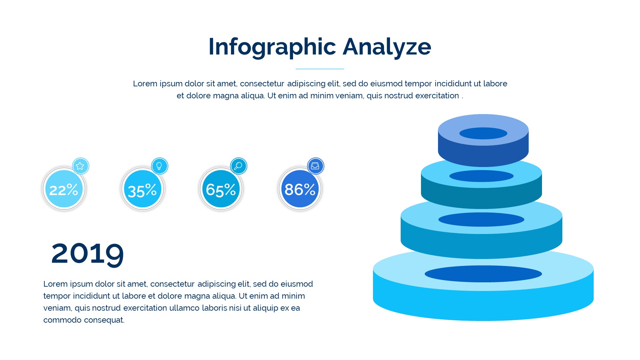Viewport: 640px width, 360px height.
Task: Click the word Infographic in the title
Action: tap(272, 47)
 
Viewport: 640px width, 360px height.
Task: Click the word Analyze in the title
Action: tap(387, 47)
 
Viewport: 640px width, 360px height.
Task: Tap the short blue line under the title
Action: tap(320, 69)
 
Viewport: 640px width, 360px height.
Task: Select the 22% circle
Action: tap(64, 189)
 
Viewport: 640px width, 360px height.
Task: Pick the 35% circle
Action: tap(143, 189)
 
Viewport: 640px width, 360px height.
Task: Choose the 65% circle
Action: tap(221, 189)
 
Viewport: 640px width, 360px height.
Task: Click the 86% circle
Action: tap(300, 189)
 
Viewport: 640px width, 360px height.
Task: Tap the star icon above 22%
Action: tap(80, 166)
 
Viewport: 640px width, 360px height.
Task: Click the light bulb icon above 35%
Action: tap(159, 166)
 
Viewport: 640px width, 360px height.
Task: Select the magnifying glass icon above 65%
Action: tap(238, 166)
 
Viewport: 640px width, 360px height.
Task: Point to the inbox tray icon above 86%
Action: tap(315, 166)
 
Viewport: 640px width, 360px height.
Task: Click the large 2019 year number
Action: tap(88, 254)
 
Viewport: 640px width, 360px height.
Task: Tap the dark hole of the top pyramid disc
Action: tap(483, 133)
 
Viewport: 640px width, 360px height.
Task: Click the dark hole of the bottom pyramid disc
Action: tap(483, 274)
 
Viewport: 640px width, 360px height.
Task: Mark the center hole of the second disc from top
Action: tap(481, 176)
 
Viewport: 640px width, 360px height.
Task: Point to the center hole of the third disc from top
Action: tap(481, 220)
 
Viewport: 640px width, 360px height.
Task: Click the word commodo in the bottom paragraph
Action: tap(62, 320)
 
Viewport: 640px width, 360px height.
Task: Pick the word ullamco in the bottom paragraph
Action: tap(184, 308)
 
